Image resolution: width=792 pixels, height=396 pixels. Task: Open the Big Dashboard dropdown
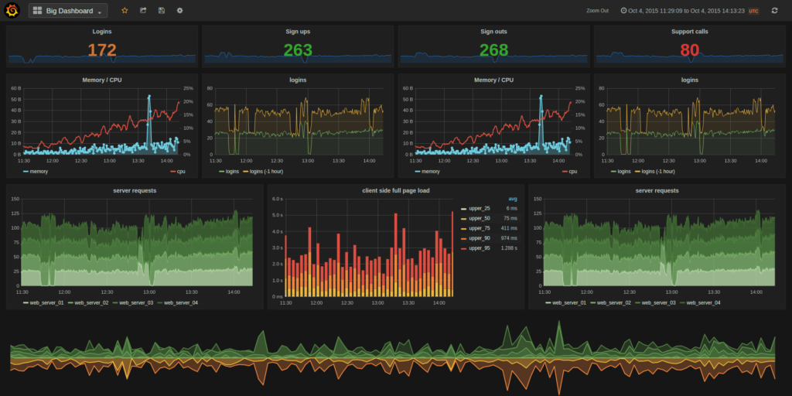[x=68, y=11]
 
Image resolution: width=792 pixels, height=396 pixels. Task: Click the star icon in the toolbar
[x=125, y=11]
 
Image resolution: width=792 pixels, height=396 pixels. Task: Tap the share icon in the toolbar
[x=143, y=11]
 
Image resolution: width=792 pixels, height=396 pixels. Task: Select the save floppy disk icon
[x=162, y=11]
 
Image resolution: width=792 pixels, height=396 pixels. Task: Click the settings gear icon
[x=180, y=11]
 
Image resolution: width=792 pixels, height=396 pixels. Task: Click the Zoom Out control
[x=597, y=11]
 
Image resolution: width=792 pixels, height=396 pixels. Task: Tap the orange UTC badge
[x=753, y=11]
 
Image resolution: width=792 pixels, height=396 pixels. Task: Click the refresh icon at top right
[x=774, y=11]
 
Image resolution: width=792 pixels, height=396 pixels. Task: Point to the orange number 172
[x=101, y=50]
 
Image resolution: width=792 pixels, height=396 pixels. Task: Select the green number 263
[x=297, y=50]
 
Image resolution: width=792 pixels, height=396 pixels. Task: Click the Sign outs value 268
[x=493, y=50]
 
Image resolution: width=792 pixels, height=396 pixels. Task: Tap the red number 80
[x=689, y=50]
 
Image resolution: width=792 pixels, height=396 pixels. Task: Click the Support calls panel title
[x=689, y=32]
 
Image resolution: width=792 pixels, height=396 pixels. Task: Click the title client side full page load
[x=395, y=190]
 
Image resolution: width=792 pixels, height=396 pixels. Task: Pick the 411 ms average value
[x=509, y=228]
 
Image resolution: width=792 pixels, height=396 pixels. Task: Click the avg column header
[x=512, y=199]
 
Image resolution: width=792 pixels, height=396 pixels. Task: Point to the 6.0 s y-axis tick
[x=278, y=199]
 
